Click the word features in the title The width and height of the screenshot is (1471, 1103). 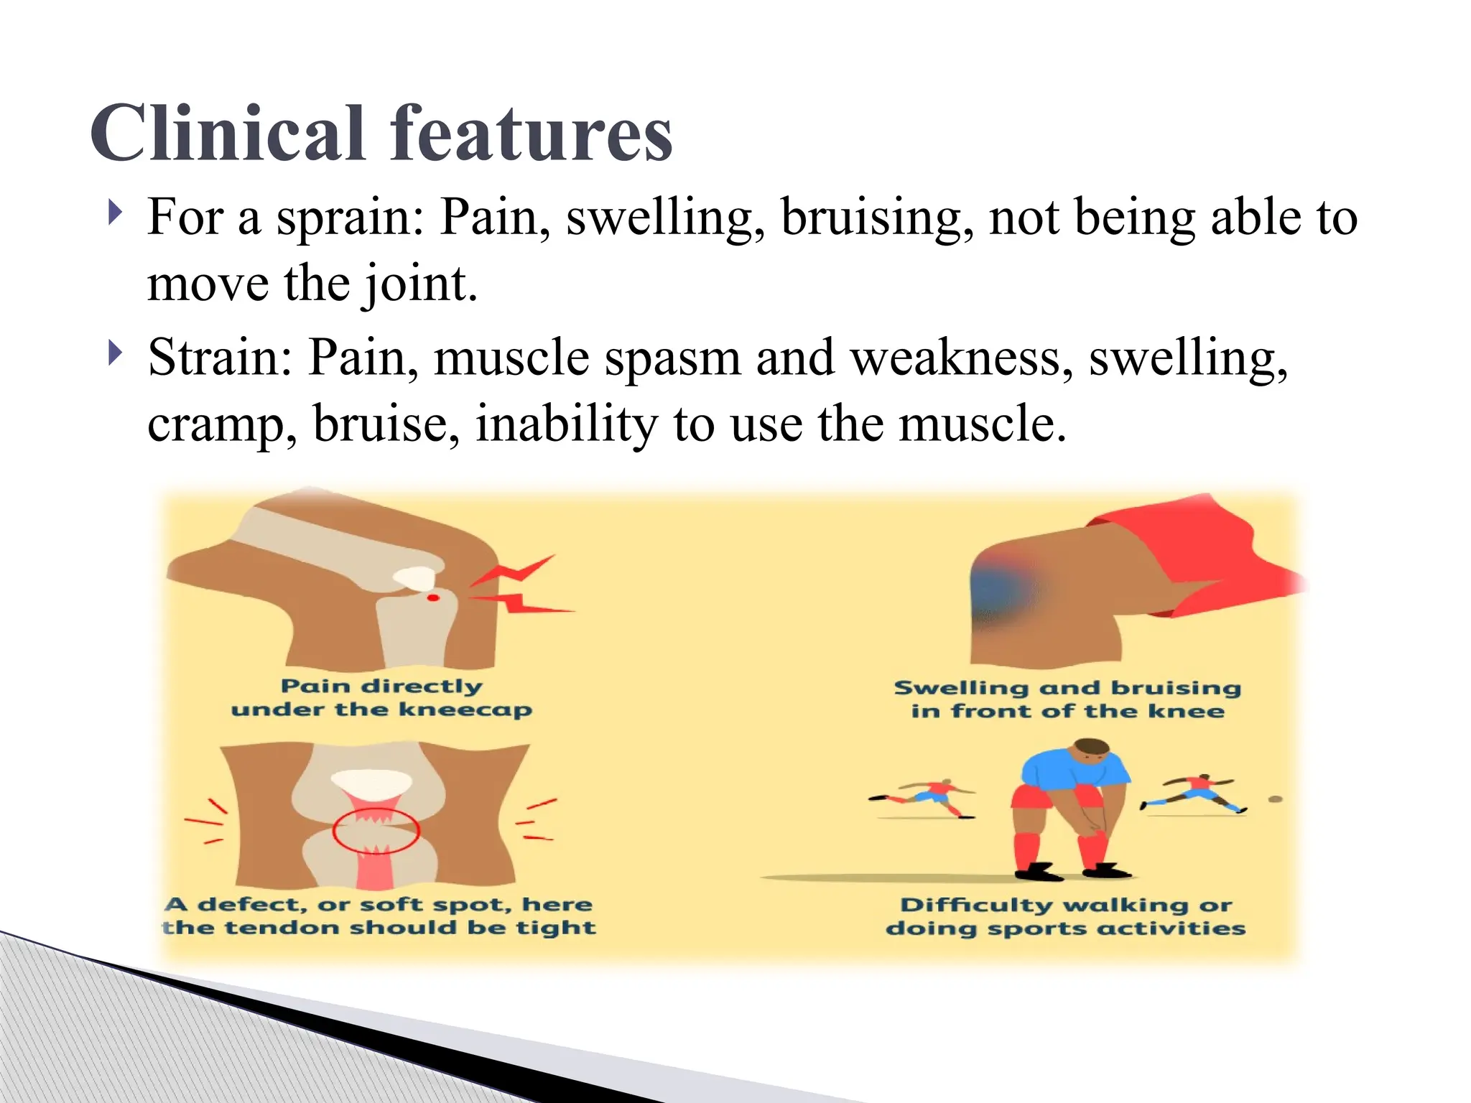[531, 134]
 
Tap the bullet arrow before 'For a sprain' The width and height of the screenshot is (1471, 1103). [115, 213]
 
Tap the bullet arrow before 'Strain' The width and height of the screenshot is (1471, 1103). [115, 353]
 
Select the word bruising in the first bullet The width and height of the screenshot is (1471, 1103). [877, 218]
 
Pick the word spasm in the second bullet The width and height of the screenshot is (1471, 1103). [672, 358]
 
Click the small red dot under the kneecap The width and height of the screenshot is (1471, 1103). [433, 597]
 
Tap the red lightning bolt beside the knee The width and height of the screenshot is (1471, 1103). [521, 585]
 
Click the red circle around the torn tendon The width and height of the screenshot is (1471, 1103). [376, 831]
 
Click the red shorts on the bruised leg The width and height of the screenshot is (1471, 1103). [1192, 553]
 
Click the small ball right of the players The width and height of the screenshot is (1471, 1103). [1276, 799]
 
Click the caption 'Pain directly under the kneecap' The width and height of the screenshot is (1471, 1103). [381, 698]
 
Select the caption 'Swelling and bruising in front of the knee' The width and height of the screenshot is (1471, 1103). [1067, 699]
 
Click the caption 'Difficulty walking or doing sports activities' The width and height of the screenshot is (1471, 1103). [1066, 916]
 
